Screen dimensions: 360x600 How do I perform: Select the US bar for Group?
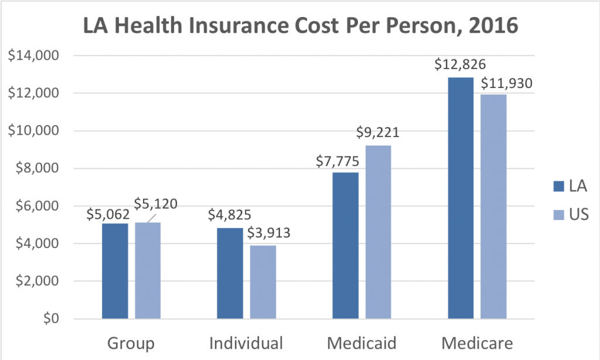tap(148, 270)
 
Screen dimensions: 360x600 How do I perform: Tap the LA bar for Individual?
tap(230, 273)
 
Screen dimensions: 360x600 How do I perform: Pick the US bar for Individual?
tap(263, 282)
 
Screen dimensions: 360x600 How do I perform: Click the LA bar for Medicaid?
tap(346, 246)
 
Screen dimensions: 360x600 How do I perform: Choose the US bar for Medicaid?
tap(379, 232)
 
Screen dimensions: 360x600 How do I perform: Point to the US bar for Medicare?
tap(494, 206)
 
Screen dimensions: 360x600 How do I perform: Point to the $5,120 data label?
tap(155, 204)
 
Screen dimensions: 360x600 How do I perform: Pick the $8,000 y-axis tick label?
tap(36, 169)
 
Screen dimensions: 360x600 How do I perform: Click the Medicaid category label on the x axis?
tap(362, 342)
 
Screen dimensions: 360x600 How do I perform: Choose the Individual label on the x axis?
tap(246, 342)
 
